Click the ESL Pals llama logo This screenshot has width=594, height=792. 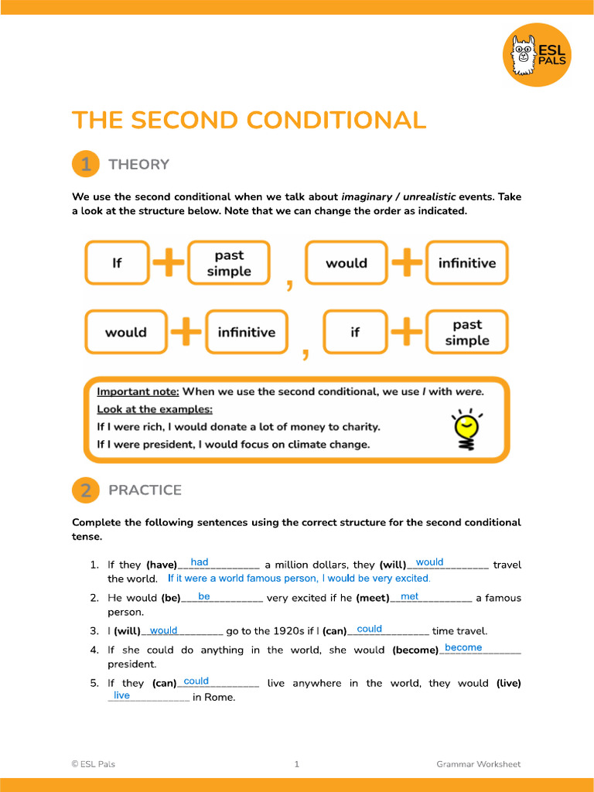(x=537, y=54)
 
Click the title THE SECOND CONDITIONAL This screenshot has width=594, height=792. (x=249, y=121)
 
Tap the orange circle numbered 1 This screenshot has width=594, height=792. (x=86, y=164)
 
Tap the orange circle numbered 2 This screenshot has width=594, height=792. (x=86, y=490)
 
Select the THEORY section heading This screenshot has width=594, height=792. (x=138, y=164)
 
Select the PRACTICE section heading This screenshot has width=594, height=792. (x=145, y=490)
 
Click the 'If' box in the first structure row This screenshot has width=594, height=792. (x=117, y=263)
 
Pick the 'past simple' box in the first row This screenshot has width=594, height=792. (x=229, y=263)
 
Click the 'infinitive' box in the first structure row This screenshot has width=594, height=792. (x=466, y=263)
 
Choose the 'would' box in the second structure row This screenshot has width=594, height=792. (x=125, y=332)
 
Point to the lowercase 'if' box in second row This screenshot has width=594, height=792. (x=354, y=332)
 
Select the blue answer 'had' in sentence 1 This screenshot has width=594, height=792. (x=199, y=562)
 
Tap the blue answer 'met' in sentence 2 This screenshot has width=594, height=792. (x=409, y=596)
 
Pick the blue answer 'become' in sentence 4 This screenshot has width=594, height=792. (x=463, y=647)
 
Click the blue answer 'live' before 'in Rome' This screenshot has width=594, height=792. (x=121, y=695)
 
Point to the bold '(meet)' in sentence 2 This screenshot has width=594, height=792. (x=372, y=598)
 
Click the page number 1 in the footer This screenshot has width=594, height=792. (x=296, y=764)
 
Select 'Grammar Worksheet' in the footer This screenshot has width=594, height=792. (x=478, y=764)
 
